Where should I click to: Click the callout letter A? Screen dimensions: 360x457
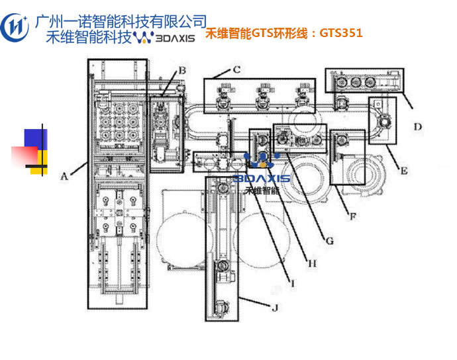(64, 176)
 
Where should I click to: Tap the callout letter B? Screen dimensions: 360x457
(182, 70)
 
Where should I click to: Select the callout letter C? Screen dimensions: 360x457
(235, 69)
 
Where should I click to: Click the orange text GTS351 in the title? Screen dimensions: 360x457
(341, 32)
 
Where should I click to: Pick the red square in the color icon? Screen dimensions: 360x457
(23, 156)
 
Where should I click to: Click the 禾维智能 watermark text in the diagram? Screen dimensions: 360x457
(262, 191)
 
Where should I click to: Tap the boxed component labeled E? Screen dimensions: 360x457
(383, 120)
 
